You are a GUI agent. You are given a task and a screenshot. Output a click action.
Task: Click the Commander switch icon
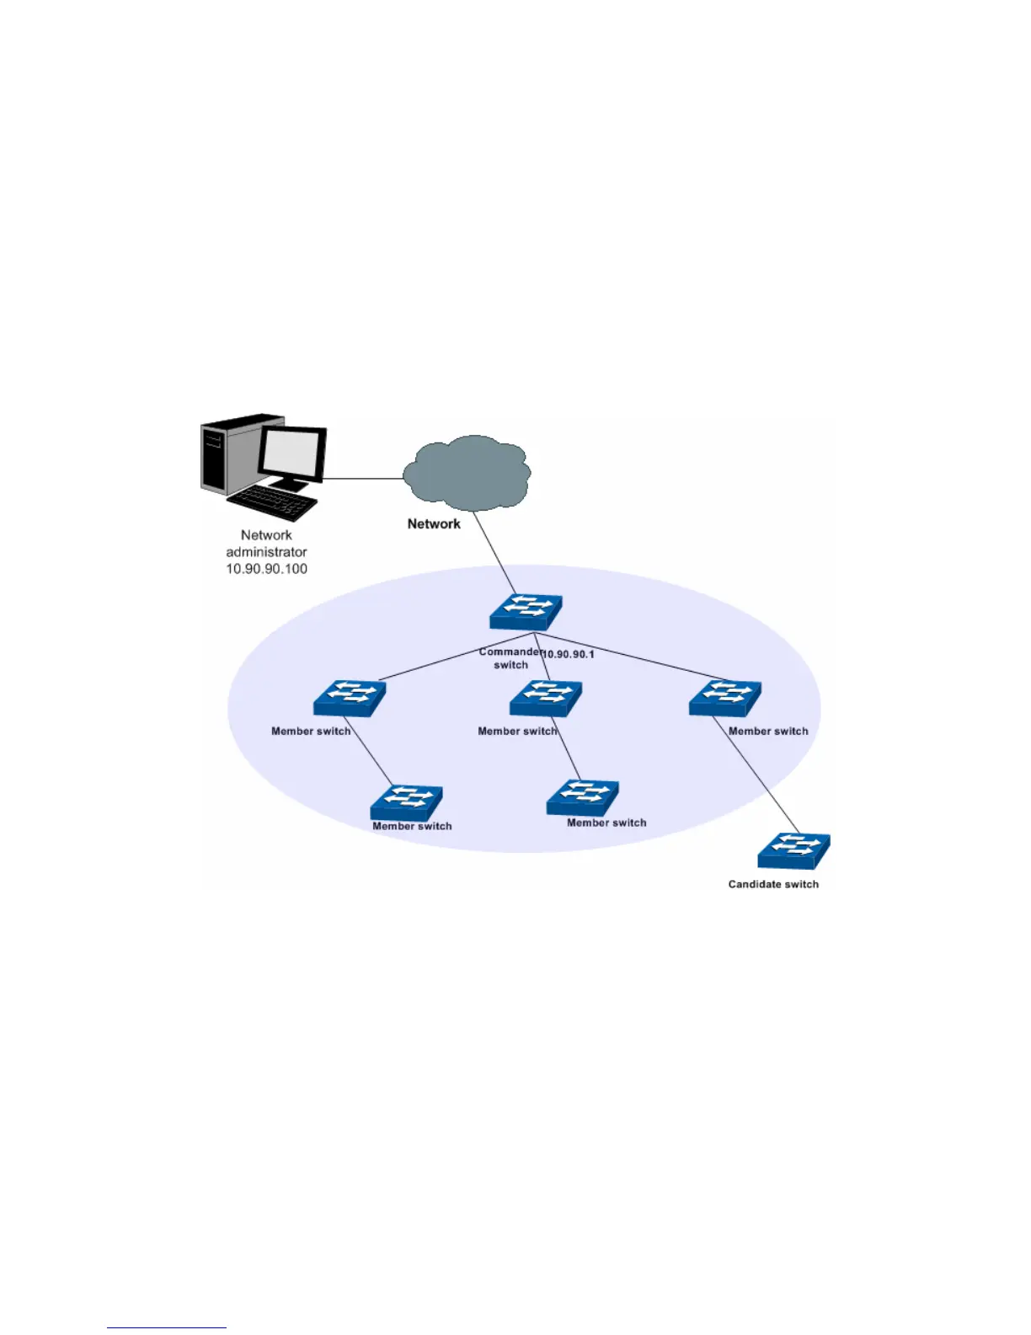526,612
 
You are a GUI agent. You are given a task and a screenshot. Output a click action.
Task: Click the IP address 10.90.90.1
569,654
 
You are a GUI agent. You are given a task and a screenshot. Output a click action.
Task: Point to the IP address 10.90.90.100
266,569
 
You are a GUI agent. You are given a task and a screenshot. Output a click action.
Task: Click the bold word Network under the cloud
434,523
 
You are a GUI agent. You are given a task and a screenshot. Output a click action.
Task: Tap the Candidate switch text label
773,884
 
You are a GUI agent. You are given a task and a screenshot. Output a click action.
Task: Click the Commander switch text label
510,658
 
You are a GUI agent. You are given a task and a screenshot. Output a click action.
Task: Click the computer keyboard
272,502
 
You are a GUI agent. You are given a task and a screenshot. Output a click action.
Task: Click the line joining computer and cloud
364,479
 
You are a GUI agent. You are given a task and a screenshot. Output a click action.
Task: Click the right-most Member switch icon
724,699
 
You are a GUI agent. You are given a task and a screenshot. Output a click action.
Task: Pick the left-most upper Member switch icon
350,698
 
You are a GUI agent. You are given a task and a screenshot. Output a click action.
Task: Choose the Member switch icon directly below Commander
546,698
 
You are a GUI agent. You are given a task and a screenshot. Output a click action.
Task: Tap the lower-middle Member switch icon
582,797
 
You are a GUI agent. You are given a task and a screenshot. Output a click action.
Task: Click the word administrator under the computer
266,552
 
